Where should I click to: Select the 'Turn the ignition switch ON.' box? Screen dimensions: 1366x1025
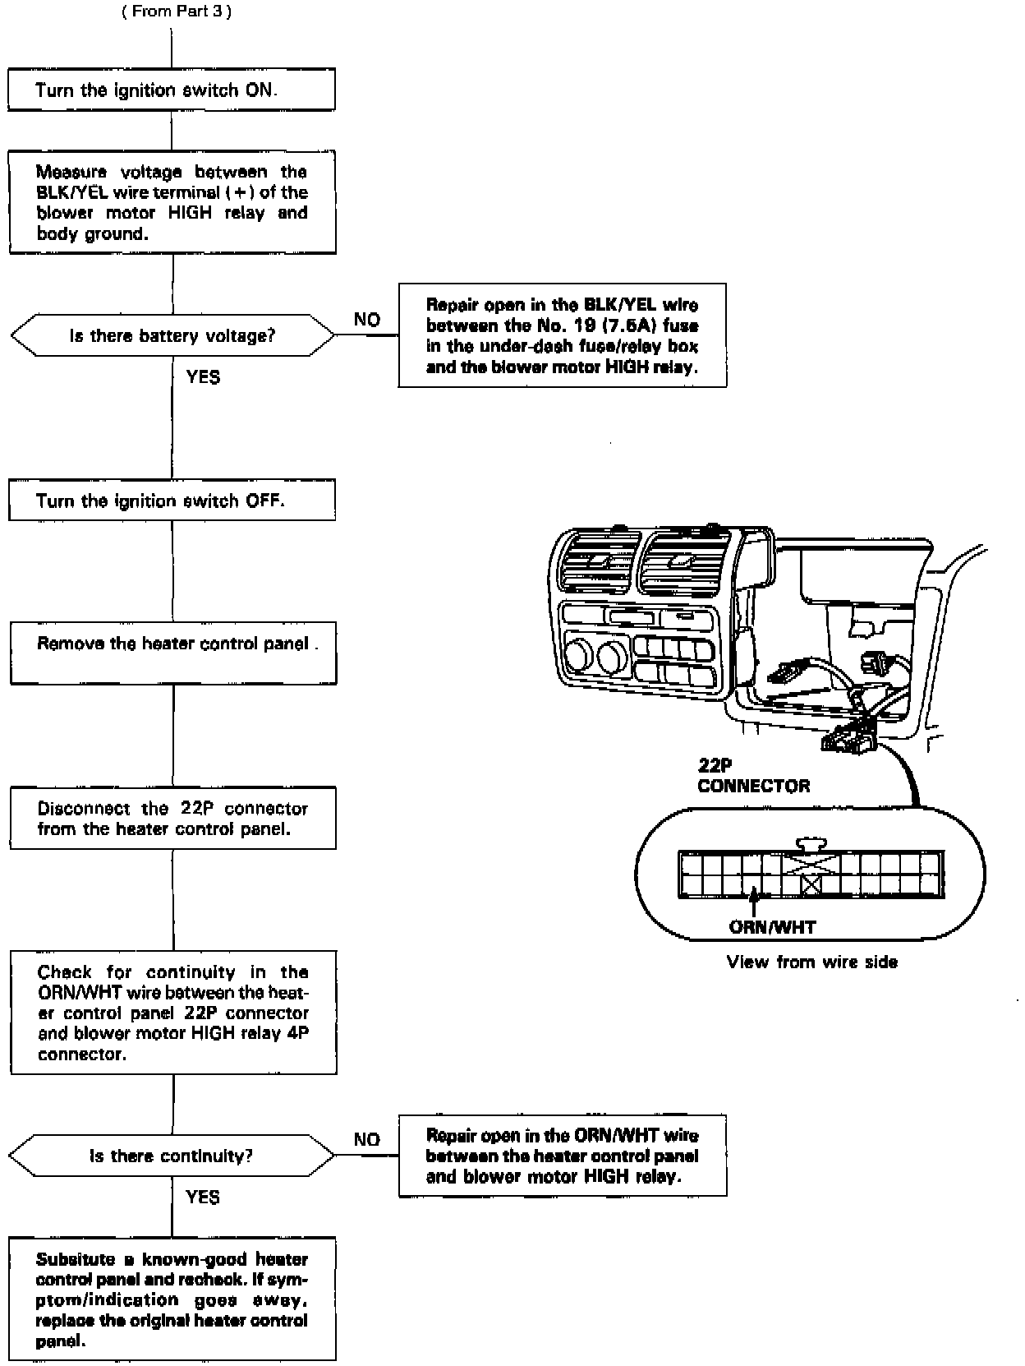point(172,90)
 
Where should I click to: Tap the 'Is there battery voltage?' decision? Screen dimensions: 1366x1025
point(172,335)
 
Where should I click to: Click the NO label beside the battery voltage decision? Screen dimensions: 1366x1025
point(367,320)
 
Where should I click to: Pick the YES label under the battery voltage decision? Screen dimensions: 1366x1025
point(203,377)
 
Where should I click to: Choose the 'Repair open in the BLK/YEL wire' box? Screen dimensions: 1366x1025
point(562,335)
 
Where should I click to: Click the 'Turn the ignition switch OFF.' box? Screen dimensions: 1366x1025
point(172,501)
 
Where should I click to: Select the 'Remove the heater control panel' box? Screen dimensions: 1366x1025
point(172,653)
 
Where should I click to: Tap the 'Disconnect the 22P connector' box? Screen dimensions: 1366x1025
point(172,818)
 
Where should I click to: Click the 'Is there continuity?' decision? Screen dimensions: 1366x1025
point(172,1156)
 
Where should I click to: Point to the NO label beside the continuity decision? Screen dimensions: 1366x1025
point(367,1140)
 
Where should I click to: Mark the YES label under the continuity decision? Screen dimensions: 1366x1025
point(203,1197)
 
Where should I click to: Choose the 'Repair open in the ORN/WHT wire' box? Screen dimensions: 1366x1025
point(562,1156)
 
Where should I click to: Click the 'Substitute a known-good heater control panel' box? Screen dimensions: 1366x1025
point(172,1299)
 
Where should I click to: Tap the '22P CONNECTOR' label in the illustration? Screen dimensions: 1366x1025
point(753,777)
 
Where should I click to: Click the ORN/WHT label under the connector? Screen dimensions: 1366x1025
point(772,928)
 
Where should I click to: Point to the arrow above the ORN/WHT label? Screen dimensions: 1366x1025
point(753,902)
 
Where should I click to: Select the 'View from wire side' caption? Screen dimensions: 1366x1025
point(811,962)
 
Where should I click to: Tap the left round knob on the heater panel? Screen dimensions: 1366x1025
point(578,655)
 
